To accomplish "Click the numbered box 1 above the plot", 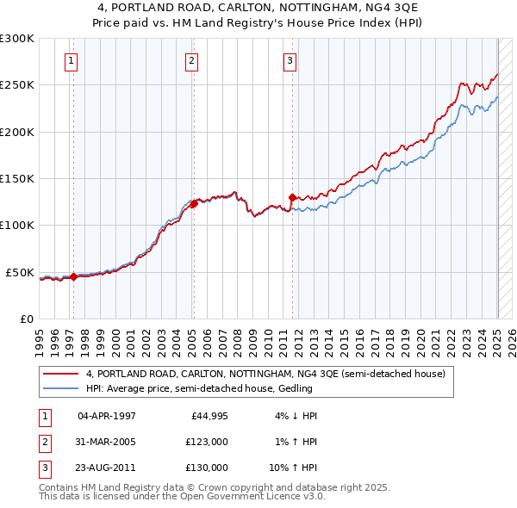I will point(70,60).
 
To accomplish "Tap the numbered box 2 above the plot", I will point(190,60).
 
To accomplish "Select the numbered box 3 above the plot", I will point(290,60).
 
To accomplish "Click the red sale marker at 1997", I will point(73,276).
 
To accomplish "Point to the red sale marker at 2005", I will point(195,203).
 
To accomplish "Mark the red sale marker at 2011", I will point(293,197).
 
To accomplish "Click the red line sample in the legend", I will point(60,374).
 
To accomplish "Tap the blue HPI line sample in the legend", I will point(60,388).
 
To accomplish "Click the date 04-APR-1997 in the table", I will point(107,416).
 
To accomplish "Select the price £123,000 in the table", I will point(207,442).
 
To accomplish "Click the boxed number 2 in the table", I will point(44,442).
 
